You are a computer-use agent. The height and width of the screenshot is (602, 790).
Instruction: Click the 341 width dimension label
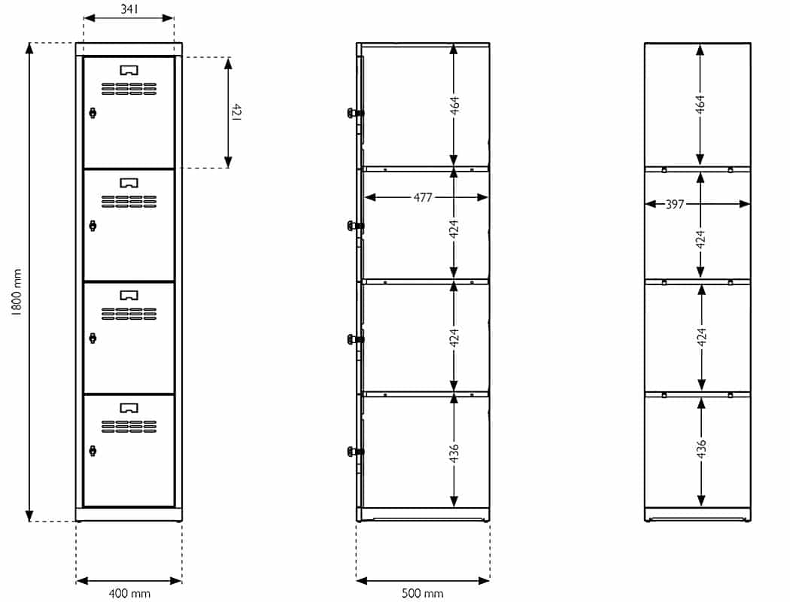pos(129,9)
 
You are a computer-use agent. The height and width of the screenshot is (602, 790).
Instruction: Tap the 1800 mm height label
pos(17,292)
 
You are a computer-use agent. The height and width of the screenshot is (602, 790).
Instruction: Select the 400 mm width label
pos(129,594)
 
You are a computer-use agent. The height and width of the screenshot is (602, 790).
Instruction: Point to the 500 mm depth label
pos(422,594)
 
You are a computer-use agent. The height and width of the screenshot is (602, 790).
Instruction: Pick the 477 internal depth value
pos(423,197)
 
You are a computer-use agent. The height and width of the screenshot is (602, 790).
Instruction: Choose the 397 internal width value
pos(675,204)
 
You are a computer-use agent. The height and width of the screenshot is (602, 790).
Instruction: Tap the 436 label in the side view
pos(454,453)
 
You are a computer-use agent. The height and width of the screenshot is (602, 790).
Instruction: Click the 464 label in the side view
pos(454,105)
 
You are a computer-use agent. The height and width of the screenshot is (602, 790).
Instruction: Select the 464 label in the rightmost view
pos(700,105)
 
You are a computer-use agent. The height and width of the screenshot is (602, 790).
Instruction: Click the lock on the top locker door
pos(93,113)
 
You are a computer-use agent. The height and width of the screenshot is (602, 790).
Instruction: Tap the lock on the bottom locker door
pos(93,450)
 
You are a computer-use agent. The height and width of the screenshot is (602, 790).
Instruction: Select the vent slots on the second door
pos(129,202)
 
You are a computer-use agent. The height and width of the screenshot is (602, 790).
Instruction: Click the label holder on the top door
pos(129,69)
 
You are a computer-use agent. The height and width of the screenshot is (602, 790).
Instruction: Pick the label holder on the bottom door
pos(129,407)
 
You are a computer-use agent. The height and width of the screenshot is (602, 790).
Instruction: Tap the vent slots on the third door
pos(129,314)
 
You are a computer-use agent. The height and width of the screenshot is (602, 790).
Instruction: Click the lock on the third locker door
pos(93,338)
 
